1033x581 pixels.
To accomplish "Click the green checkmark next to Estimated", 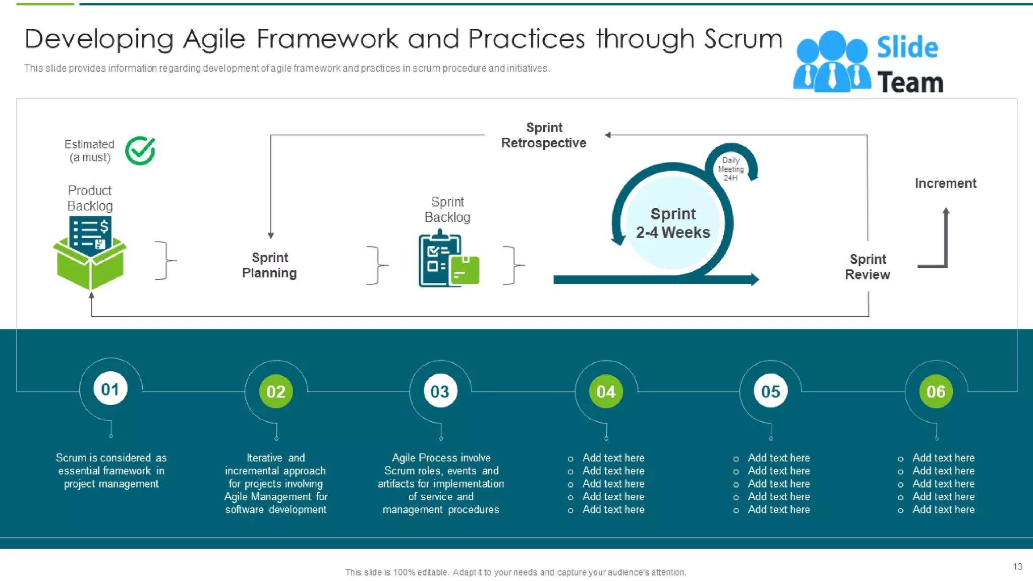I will pyautogui.click(x=140, y=151).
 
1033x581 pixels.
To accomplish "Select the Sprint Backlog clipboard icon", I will pyautogui.click(x=447, y=260).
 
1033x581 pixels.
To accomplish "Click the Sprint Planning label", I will pyautogui.click(x=269, y=265).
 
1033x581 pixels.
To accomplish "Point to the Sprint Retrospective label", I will pyautogui.click(x=544, y=135).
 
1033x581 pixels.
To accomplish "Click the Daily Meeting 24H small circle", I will pyautogui.click(x=730, y=168).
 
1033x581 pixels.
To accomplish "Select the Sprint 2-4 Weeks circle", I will pyautogui.click(x=673, y=222).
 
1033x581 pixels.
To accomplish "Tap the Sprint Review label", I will pyautogui.click(x=868, y=267).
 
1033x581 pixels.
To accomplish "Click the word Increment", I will pyautogui.click(x=945, y=184).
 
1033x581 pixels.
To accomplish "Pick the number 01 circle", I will pyautogui.click(x=110, y=389).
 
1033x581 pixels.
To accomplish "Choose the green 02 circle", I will pyautogui.click(x=276, y=391).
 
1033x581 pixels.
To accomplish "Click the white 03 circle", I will pyautogui.click(x=440, y=391).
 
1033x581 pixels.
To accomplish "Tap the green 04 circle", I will pyautogui.click(x=606, y=391).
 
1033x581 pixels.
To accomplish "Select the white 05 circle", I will pyautogui.click(x=770, y=391).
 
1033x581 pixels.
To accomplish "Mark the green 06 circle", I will pyautogui.click(x=936, y=391).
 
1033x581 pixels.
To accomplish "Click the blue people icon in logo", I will pyautogui.click(x=832, y=63).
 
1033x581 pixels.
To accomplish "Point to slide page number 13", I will pyautogui.click(x=1017, y=566).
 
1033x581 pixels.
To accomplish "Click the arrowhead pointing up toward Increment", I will pyautogui.click(x=946, y=212).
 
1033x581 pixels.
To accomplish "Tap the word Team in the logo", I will pyautogui.click(x=910, y=83).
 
